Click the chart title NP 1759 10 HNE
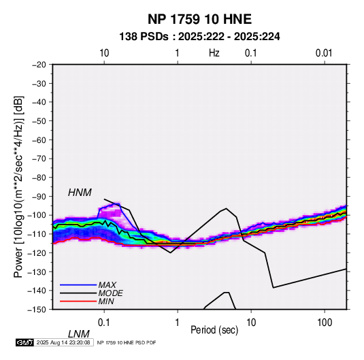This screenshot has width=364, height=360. coord(199,19)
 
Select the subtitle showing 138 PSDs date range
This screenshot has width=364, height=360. coord(199,37)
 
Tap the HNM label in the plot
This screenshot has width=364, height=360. coord(80,193)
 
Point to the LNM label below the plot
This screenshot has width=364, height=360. coord(79,334)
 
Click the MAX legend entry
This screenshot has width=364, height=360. coord(107,285)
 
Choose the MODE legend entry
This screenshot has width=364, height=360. coord(110,293)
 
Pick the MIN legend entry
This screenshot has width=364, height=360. coord(106,301)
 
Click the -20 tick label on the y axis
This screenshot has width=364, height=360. coord(39,65)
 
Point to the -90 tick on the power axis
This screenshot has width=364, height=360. coord(39,197)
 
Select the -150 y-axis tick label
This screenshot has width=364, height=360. coord(37,310)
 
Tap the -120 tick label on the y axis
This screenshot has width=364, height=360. coord(37,253)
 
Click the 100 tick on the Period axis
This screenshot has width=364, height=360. coord(325,323)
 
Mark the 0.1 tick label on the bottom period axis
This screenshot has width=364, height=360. coord(104,323)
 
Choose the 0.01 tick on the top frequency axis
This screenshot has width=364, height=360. coord(324,53)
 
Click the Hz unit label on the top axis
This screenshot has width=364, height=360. coord(214,53)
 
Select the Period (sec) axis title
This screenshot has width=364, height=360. coord(214,330)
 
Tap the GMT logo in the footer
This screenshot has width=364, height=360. coord(25,342)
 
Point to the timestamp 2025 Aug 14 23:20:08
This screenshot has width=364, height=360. coord(63,342)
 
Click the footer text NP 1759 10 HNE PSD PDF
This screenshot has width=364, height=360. coord(127,342)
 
